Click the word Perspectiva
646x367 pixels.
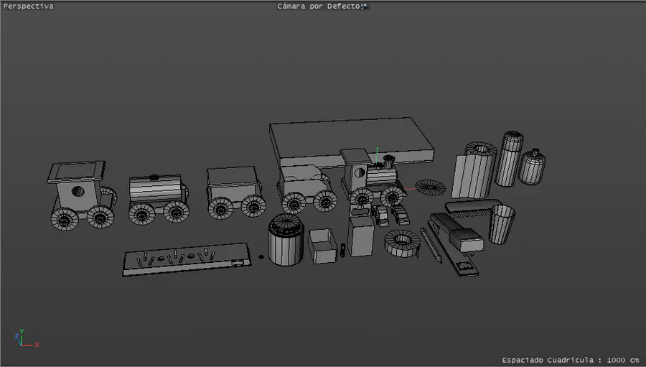[x=29, y=6]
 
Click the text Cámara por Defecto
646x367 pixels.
[x=320, y=6]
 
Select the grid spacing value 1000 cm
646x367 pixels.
[x=622, y=360]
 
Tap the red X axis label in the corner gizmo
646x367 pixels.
[x=37, y=344]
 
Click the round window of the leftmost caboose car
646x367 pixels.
[x=78, y=191]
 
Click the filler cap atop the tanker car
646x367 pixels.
[x=154, y=177]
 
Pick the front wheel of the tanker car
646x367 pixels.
[x=177, y=211]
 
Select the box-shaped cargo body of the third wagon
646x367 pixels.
[x=233, y=182]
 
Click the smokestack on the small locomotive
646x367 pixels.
[x=388, y=161]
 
